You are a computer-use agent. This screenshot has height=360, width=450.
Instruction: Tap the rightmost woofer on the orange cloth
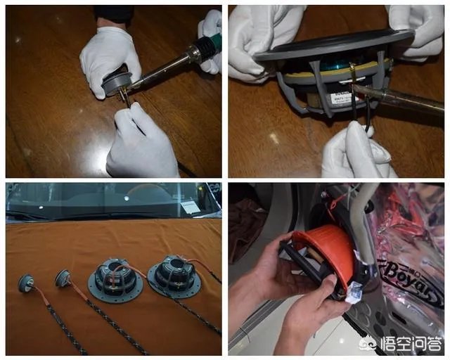click(174, 272)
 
